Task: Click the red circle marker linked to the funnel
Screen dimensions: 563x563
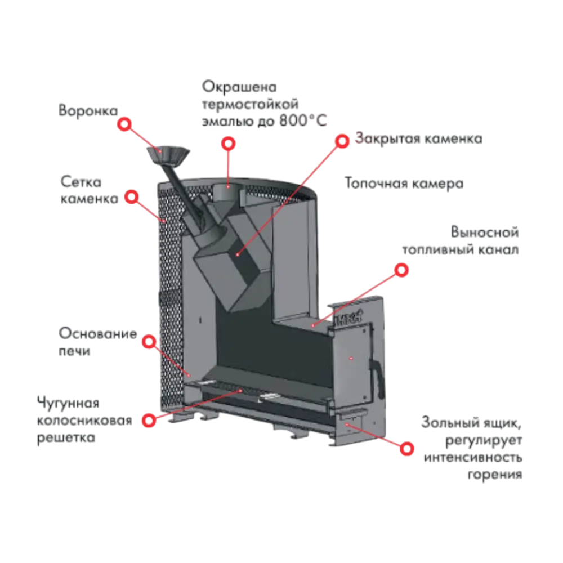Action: click(x=125, y=124)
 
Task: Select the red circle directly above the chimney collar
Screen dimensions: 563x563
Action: click(x=227, y=144)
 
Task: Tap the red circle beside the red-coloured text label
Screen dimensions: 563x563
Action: click(x=341, y=140)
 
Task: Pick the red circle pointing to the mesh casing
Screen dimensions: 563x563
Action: click(x=131, y=197)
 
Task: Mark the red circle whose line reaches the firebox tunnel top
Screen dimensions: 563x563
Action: click(x=401, y=270)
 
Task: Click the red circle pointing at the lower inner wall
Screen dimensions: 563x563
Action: click(x=149, y=342)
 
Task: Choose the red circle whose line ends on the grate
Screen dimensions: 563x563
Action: click(x=149, y=420)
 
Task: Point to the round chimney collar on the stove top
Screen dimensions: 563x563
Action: click(x=227, y=190)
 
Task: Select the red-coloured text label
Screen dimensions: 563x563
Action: click(x=419, y=140)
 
